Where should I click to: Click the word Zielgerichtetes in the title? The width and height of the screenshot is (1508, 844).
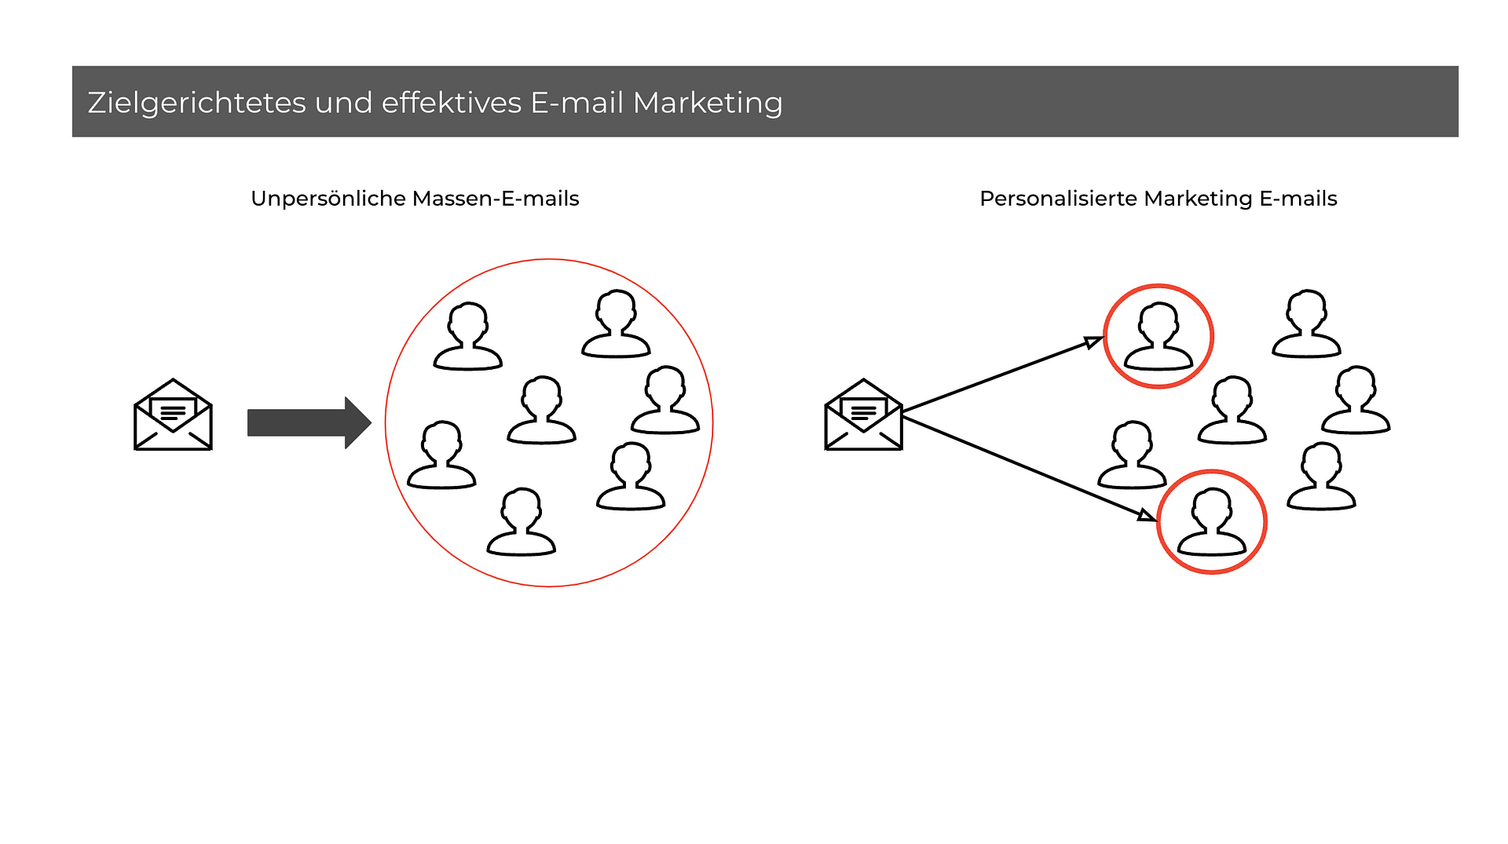[x=196, y=103]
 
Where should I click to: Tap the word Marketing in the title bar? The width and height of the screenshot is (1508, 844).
[x=708, y=103]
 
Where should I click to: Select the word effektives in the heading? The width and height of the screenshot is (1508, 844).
[x=452, y=103]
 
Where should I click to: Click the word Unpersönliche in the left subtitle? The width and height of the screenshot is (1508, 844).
[x=328, y=199]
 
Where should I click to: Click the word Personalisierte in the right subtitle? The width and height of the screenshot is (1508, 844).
[x=1058, y=199]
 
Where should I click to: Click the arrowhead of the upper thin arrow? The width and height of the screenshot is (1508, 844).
[x=1094, y=342]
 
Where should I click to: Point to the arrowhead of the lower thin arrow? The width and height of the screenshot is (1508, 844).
[x=1147, y=515]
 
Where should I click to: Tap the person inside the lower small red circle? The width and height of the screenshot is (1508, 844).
[x=1211, y=521]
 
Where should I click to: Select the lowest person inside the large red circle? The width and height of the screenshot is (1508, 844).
[x=522, y=522]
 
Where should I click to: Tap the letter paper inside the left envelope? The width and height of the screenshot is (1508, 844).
[x=173, y=411]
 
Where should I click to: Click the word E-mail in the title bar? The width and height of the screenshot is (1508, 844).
[x=577, y=103]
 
